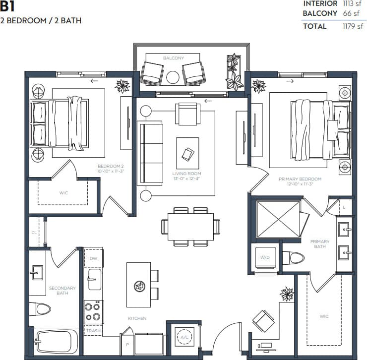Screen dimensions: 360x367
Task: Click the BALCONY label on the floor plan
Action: tap(173, 58)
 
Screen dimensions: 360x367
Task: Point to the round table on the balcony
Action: tap(173, 77)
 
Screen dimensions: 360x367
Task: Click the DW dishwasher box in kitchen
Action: tap(93, 259)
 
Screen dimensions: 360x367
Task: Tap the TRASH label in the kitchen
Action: tap(93, 331)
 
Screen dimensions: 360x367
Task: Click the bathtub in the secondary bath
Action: tap(56, 342)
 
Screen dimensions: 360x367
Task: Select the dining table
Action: tap(190, 227)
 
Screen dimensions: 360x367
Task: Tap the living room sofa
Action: tap(150, 154)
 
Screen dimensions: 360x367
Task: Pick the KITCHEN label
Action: tap(137, 318)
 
